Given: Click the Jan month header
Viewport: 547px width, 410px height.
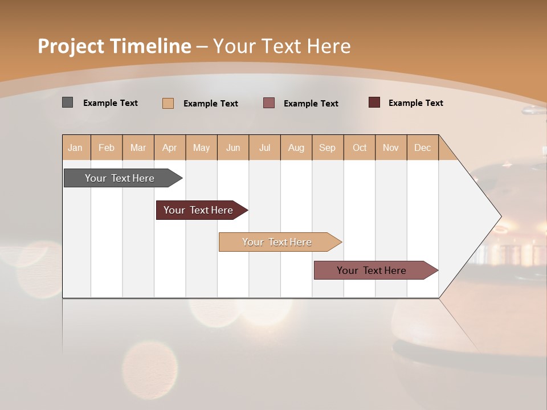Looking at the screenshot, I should coord(75,147).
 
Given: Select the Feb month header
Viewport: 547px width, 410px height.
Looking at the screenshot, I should coord(107,147).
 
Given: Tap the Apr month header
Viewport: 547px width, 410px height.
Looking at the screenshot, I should coord(169,147).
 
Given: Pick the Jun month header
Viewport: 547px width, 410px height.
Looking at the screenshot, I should coord(233,147).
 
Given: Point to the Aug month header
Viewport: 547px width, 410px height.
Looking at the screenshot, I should coord(296,147).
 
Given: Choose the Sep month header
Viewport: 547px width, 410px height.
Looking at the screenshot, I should coord(327,147).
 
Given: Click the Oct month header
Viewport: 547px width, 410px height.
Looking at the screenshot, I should coord(360,147).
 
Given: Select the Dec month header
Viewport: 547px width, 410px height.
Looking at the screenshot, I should coord(422,147).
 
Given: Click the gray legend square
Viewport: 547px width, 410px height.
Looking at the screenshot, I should coord(67,102).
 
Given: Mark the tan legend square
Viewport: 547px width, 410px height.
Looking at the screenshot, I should coord(168,103).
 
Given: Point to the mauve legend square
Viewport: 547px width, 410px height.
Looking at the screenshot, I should coord(269,103).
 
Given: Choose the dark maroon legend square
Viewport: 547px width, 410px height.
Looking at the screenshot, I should coord(374,102).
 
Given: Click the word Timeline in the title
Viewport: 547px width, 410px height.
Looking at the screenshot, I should coord(150,46).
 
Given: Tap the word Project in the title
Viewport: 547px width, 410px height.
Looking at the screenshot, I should coord(71,46).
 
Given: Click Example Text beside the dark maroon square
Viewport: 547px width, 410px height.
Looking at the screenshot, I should coord(415,103).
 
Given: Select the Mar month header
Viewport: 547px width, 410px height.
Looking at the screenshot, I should coord(138,147).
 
